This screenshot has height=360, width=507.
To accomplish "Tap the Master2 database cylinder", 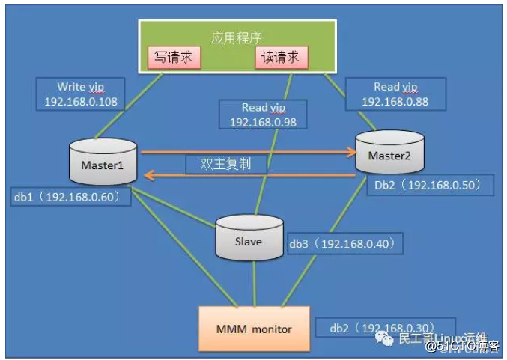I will pos(389,155).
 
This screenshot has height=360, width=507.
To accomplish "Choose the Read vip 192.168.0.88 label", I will pos(394,94).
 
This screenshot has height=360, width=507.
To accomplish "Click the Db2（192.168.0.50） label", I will pos(428,183).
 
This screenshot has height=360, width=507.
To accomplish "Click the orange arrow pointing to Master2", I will pos(247,152).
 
